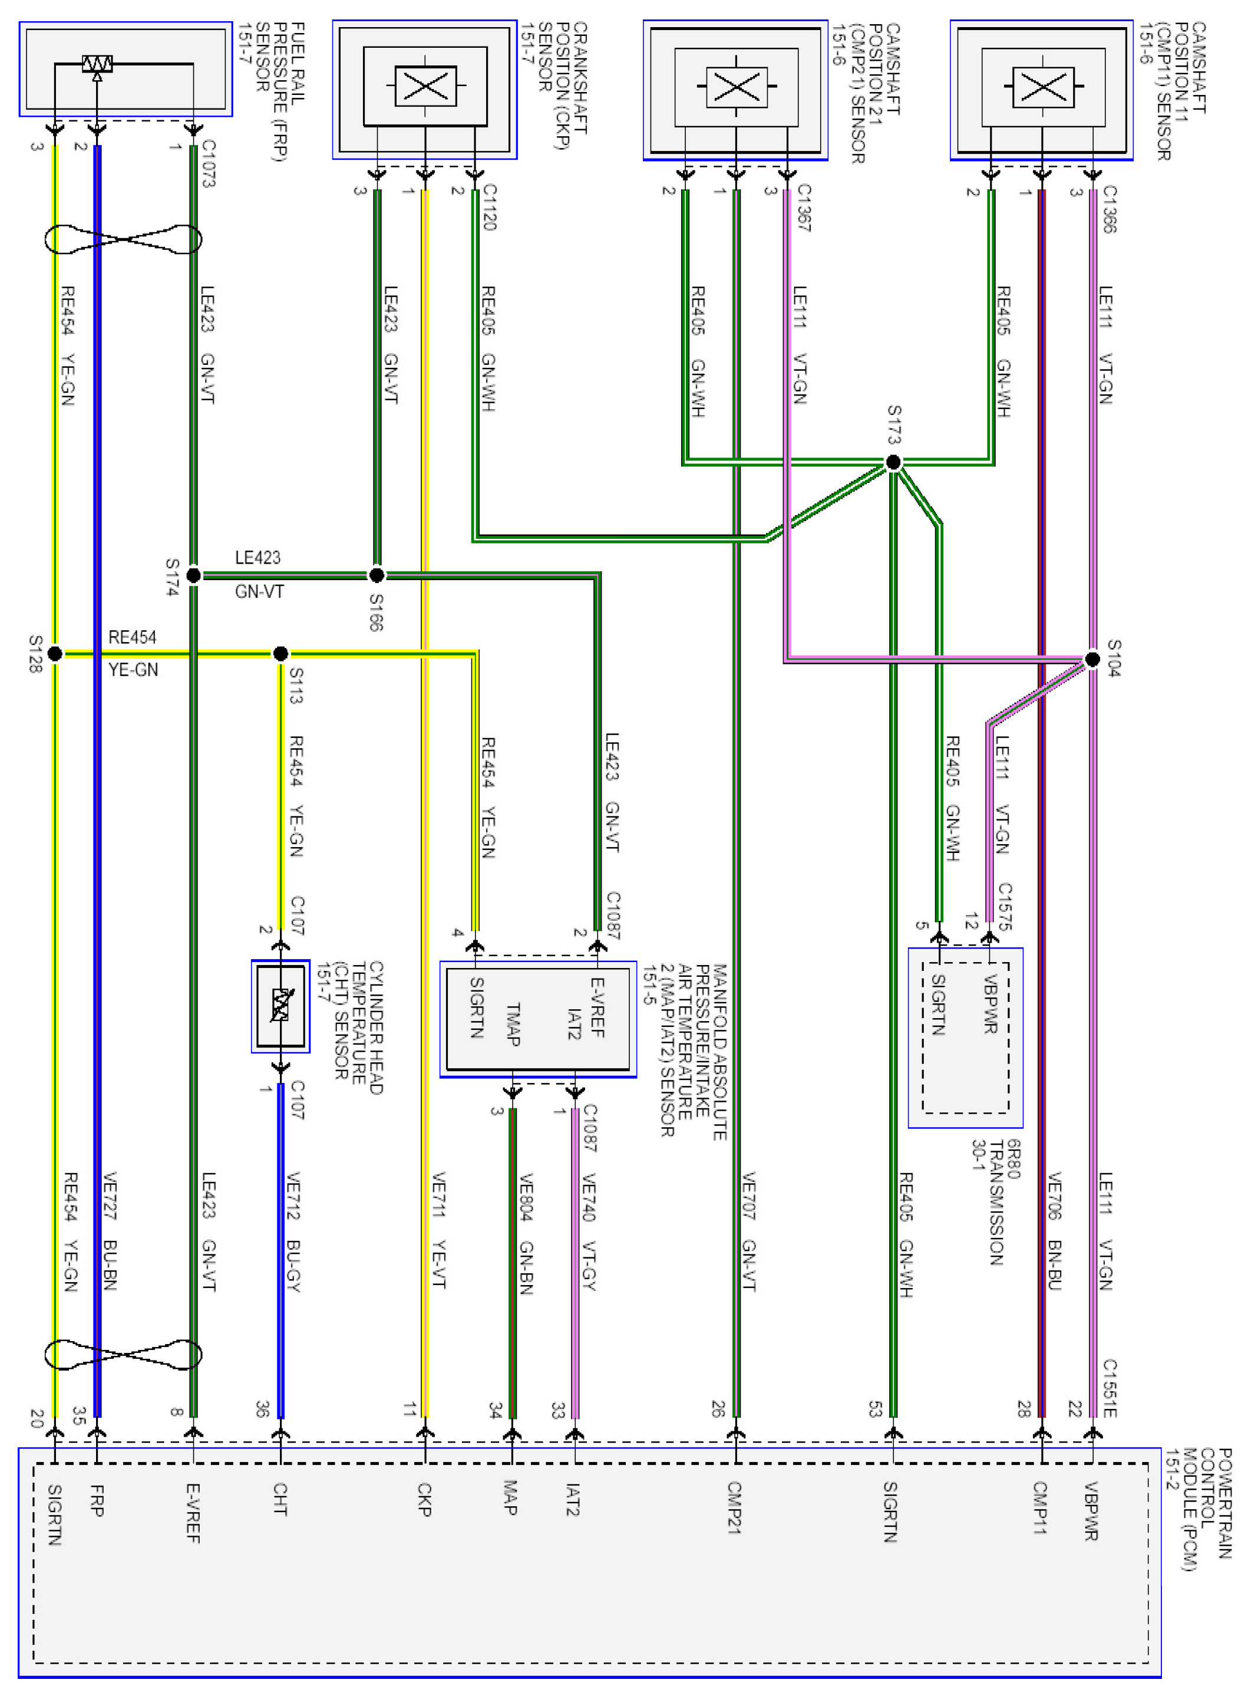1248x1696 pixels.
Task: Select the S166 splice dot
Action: click(x=376, y=575)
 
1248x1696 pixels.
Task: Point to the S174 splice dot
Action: click(x=193, y=575)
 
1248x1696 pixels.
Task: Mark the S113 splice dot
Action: click(x=280, y=653)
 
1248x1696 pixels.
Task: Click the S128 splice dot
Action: click(x=54, y=653)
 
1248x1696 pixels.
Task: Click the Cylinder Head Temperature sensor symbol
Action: click(x=280, y=1005)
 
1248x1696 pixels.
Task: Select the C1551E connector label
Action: click(x=1109, y=1388)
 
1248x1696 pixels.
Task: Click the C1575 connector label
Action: click(x=1005, y=905)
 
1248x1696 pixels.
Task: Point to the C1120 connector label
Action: click(x=490, y=206)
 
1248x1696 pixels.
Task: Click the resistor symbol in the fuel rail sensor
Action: click(x=97, y=64)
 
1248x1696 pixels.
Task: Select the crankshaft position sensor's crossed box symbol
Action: click(x=425, y=86)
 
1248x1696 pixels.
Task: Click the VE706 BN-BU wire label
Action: click(x=1055, y=1231)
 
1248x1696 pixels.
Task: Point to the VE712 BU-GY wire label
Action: click(x=293, y=1232)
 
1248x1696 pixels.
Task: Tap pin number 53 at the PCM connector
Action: click(x=875, y=1409)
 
